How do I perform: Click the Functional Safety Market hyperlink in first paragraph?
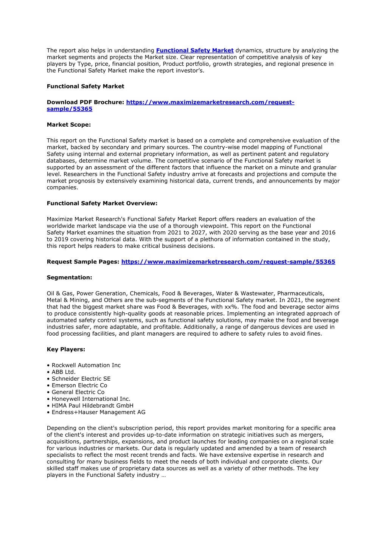point(194,51)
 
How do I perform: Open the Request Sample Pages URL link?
point(228,262)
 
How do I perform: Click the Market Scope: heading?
point(68,125)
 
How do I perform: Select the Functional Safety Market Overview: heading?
point(102,203)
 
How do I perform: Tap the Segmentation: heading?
point(69,277)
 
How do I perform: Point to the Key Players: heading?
point(66,350)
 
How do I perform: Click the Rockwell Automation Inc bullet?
point(86,365)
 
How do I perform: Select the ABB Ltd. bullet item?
point(64,372)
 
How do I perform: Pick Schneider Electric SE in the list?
point(81,379)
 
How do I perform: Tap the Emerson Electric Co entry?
point(79,386)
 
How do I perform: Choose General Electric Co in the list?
point(78,392)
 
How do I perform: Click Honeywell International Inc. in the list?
point(91,399)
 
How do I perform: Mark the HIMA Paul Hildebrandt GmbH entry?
point(92,406)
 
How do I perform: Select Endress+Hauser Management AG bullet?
point(98,412)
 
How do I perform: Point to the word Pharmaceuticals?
point(301,293)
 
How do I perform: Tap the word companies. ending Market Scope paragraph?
point(62,187)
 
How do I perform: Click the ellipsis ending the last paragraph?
point(163,475)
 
